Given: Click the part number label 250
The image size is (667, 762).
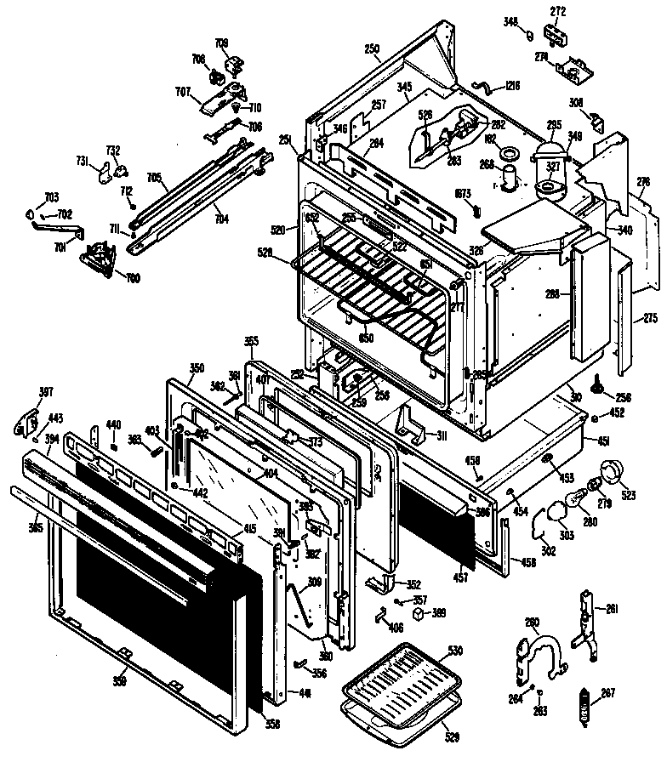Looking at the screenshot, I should point(372,49).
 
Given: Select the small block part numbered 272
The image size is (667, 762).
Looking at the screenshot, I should point(558,36).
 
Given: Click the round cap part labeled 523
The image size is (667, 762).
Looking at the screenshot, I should point(613,472).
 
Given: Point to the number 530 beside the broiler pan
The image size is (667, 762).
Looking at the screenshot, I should point(455,650).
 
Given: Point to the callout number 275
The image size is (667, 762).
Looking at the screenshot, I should point(651,318).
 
